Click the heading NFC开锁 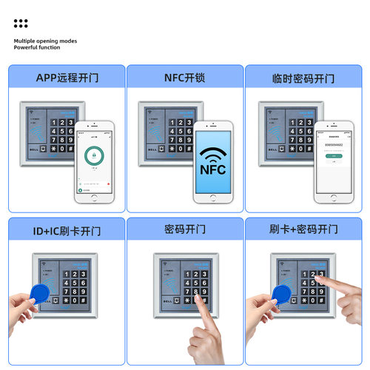click(x=184, y=78)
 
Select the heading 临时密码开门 click(x=303, y=78)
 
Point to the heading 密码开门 click(x=184, y=231)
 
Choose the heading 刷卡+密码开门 click(x=303, y=231)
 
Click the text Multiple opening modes click(x=45, y=41)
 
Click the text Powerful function click(x=37, y=48)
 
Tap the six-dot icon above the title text click(x=21, y=24)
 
